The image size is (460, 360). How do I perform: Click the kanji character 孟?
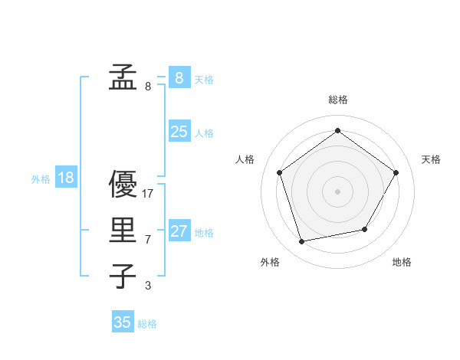pos(123,77)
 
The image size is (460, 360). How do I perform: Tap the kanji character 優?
pos(123,185)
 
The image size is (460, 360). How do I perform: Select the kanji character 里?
pos(123,231)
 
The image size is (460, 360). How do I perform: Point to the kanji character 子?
pos(123,277)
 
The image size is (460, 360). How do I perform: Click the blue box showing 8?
pos(179,77)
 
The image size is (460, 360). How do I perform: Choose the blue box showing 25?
pos(179,131)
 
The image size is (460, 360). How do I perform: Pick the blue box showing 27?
pos(179,231)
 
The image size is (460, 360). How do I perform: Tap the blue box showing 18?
pos(66,178)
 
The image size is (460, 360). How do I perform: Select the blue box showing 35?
pos(123,322)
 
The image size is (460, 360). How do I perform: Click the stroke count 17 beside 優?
pos(148,194)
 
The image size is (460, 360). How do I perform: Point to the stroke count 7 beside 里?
pos(148,240)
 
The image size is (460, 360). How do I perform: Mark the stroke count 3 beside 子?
pos(148,286)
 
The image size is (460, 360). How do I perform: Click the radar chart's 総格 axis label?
pos(337,100)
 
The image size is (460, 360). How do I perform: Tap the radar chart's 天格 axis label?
pos(431,159)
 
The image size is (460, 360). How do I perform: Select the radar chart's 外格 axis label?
pos(270,262)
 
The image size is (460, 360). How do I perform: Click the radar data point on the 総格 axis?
pos(337,131)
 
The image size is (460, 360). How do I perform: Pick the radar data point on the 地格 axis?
pos(365,229)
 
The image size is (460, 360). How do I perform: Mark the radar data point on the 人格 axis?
pos(279,172)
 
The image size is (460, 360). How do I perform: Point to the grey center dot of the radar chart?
pos(337,191)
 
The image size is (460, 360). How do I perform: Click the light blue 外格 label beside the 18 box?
pos(41,179)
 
